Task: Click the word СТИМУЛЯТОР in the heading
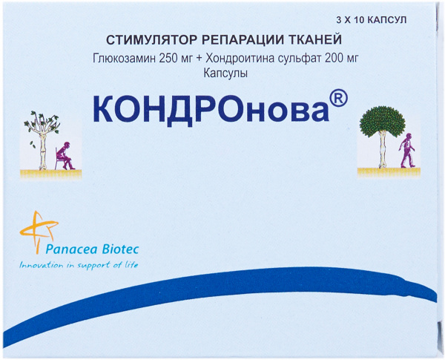(151, 40)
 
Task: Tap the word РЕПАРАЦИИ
(244, 40)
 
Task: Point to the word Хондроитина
(243, 59)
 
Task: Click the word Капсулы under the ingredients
(225, 74)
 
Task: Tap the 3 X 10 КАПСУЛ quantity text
(372, 20)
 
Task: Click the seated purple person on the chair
(65, 156)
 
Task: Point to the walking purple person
(407, 150)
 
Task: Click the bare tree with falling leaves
(42, 140)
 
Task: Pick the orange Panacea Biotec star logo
(39, 232)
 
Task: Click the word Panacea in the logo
(72, 249)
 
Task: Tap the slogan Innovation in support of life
(79, 265)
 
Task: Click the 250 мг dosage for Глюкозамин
(176, 59)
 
